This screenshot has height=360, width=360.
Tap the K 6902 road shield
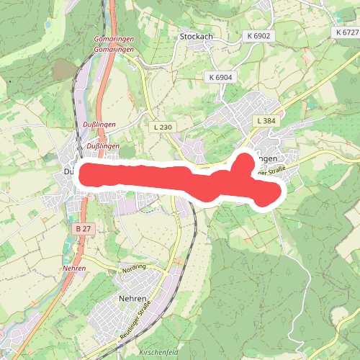click(x=257, y=35)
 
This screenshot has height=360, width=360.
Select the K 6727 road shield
click(x=347, y=33)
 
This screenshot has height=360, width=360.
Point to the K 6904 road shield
click(x=220, y=77)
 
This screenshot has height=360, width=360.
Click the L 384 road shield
click(x=266, y=122)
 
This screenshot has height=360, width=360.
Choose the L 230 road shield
click(x=163, y=127)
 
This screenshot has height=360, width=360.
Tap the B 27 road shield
click(x=83, y=228)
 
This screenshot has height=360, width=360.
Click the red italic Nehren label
click(x=74, y=268)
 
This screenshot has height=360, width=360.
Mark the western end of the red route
click(x=84, y=175)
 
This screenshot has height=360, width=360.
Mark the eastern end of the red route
click(x=274, y=191)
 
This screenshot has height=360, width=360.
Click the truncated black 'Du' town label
click(x=69, y=171)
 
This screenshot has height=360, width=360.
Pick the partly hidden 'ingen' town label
click(x=266, y=158)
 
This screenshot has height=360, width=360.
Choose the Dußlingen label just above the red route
click(x=102, y=146)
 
